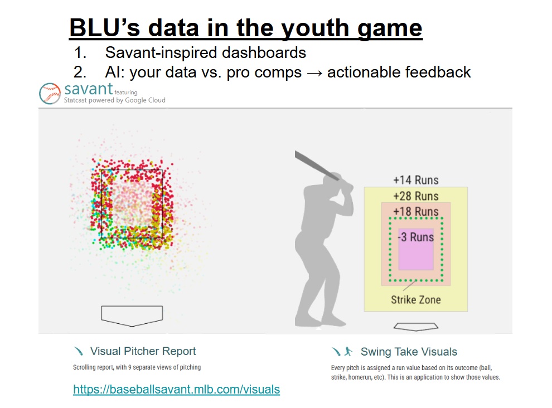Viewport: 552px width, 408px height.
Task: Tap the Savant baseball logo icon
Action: click(x=50, y=94)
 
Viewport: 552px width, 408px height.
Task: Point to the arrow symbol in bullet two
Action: click(x=315, y=72)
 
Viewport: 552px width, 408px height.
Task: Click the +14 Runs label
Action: click(x=415, y=180)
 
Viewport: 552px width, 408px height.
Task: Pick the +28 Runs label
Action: click(x=415, y=196)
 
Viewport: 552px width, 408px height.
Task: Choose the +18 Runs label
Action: click(x=415, y=212)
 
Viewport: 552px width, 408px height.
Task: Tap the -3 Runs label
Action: click(x=415, y=237)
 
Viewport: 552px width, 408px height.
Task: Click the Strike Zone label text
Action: click(x=415, y=300)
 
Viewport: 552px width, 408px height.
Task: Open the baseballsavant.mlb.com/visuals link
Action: click(x=176, y=390)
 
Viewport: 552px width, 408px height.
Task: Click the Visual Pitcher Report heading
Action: click(x=143, y=351)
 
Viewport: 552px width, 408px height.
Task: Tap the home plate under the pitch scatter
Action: click(x=132, y=315)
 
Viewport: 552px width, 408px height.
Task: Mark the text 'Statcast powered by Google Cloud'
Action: click(x=114, y=100)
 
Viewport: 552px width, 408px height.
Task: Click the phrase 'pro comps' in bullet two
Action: click(x=265, y=72)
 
